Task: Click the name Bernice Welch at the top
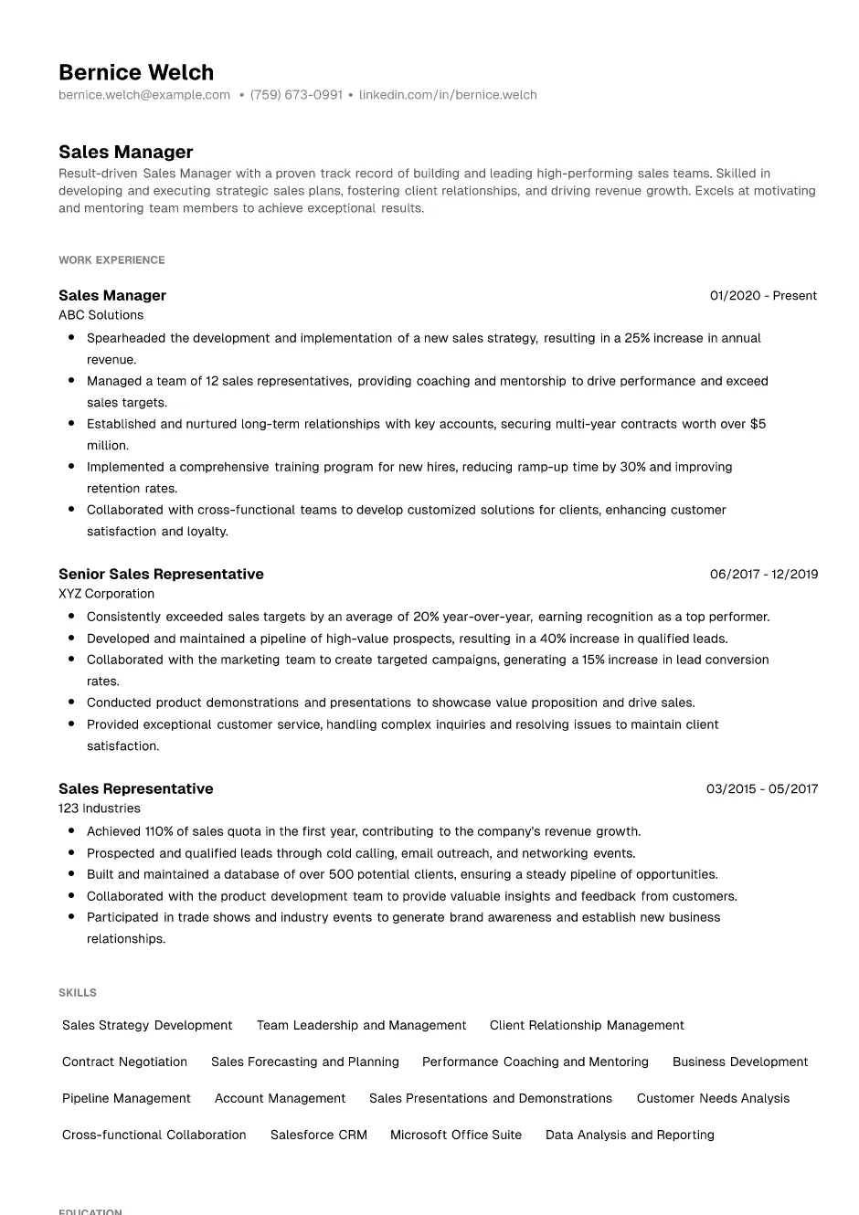tap(136, 72)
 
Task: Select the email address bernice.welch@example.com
tap(144, 95)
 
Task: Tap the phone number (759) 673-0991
tap(296, 95)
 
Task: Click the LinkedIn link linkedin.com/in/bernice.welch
tap(448, 95)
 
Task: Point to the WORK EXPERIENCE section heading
tap(111, 260)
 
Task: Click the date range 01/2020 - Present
tap(763, 296)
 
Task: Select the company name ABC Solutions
tap(101, 315)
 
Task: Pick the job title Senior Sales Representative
tap(161, 575)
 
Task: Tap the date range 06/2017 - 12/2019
tap(764, 575)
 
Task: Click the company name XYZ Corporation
tap(106, 594)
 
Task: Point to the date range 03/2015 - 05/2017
tap(762, 789)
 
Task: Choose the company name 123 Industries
tap(99, 808)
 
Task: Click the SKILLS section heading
tap(78, 993)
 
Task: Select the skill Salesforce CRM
tap(319, 1136)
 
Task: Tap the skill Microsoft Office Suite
tap(456, 1136)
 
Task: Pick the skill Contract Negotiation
tap(124, 1062)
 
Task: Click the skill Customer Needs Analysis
tap(713, 1099)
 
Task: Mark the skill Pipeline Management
tap(126, 1099)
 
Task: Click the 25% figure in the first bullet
tap(637, 338)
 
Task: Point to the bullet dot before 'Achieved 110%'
tap(71, 831)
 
